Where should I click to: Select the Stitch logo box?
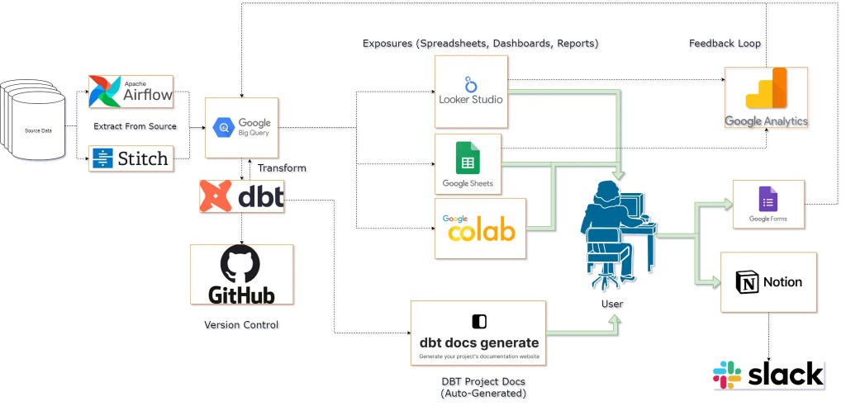tap(131, 157)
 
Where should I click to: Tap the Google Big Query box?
tap(242, 127)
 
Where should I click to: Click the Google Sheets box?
tap(468, 164)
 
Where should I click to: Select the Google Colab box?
tap(480, 229)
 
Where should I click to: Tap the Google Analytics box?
tap(766, 98)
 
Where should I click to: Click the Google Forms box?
tap(768, 204)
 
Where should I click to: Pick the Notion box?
tap(768, 282)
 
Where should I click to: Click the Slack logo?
tap(768, 374)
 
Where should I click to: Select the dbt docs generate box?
tap(478, 333)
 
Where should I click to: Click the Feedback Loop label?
tap(725, 42)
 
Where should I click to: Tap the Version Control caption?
tap(241, 325)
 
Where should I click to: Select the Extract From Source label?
tap(135, 127)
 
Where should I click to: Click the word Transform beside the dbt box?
tap(282, 168)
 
